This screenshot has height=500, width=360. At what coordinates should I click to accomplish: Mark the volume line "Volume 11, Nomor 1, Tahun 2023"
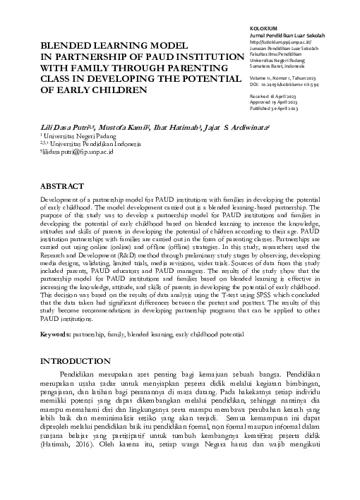point(284,78)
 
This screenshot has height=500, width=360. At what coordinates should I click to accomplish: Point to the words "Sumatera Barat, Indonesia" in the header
point(280,66)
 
